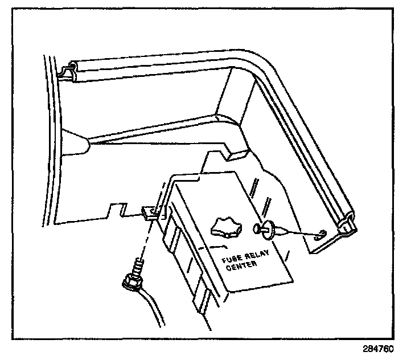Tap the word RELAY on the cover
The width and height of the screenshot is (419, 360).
257,255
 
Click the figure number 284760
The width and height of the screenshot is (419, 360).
378,349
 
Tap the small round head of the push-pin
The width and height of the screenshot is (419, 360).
256,228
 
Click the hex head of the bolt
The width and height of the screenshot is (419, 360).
132,283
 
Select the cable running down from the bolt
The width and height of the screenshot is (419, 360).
151,308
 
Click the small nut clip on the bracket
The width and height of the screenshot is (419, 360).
150,212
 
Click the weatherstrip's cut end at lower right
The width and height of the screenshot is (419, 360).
347,224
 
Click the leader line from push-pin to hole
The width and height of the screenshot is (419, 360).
301,232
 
